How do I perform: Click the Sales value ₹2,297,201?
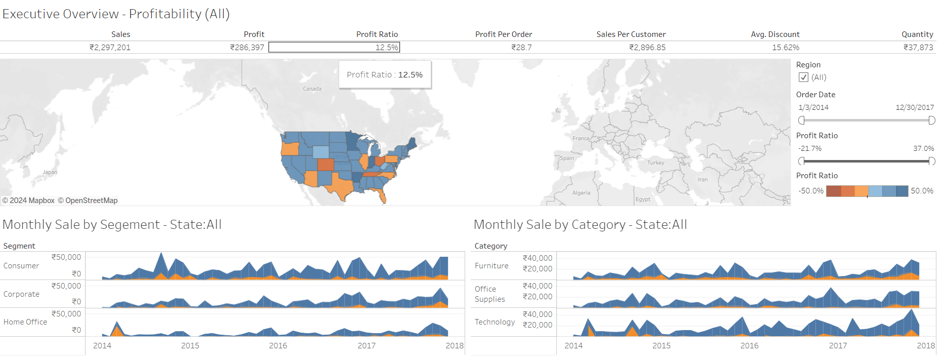click(x=110, y=48)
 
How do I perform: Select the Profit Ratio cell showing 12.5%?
click(x=334, y=48)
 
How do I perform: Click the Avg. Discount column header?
click(x=775, y=34)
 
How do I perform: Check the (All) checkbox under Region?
click(x=803, y=77)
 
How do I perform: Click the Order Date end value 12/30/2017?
click(x=914, y=107)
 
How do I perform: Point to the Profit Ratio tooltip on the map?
click(x=385, y=75)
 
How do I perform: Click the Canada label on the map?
click(x=312, y=89)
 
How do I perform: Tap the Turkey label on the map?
click(x=655, y=163)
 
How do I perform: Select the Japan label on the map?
click(x=50, y=172)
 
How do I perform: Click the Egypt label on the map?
click(x=643, y=199)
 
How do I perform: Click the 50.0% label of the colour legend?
click(x=922, y=191)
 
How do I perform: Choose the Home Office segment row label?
click(x=25, y=322)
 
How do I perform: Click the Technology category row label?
click(x=495, y=322)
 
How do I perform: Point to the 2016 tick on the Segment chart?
click(x=278, y=346)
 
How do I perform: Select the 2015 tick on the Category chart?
click(x=661, y=346)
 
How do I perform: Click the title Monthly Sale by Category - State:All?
click(x=580, y=225)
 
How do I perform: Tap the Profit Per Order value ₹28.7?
click(x=521, y=48)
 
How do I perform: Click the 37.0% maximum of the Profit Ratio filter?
click(x=923, y=149)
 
